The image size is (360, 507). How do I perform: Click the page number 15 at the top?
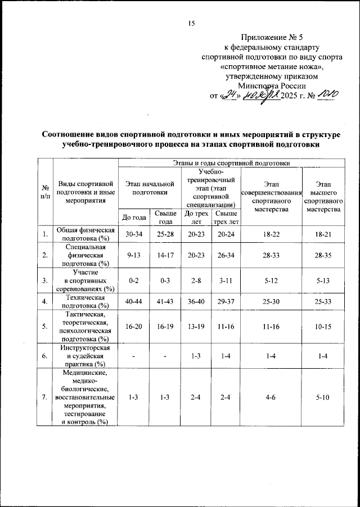coord(191,23)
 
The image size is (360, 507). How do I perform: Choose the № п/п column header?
coord(44,192)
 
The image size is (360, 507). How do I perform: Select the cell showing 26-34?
coord(226,255)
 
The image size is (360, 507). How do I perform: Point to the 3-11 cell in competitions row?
coord(226,279)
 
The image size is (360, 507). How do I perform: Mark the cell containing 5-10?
coord(323,398)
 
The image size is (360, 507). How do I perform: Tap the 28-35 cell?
coord(323,255)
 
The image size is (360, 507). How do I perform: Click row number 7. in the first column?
coord(44,398)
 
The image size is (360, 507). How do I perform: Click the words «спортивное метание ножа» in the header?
coord(272,66)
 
